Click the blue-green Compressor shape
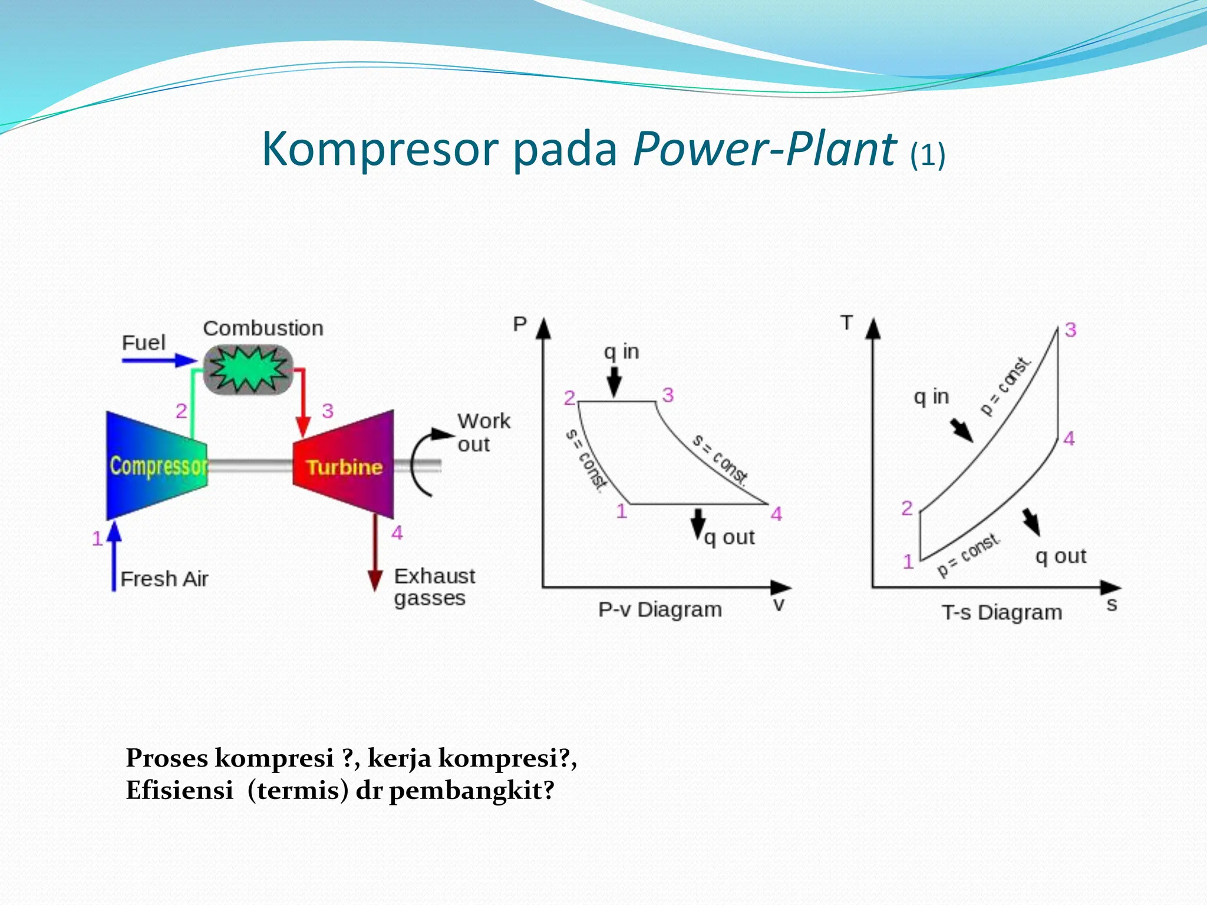click(156, 465)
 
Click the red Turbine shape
click(344, 465)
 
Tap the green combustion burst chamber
click(249, 369)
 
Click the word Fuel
click(143, 342)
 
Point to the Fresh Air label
click(164, 579)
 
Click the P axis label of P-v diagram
click(519, 323)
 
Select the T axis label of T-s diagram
click(847, 322)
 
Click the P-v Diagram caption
click(659, 609)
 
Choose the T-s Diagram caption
click(1002, 612)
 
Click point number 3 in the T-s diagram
click(1070, 329)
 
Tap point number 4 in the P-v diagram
click(776, 514)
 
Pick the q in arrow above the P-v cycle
click(614, 381)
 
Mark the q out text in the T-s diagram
click(1060, 556)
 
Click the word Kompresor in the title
click(381, 148)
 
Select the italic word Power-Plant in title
click(764, 148)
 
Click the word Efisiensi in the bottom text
click(180, 790)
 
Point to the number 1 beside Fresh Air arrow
click(97, 538)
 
